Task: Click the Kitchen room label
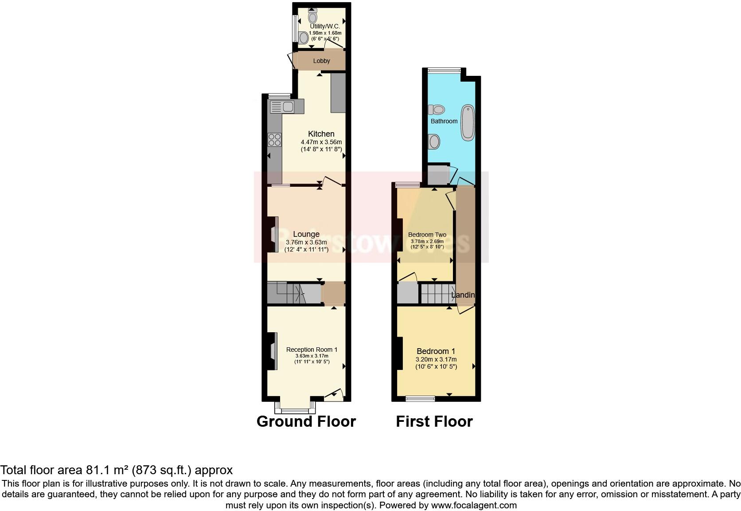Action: click(321, 134)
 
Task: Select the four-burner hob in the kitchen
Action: click(274, 140)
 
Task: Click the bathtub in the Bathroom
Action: click(467, 123)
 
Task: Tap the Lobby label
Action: click(321, 61)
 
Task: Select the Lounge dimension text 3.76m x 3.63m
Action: click(306, 242)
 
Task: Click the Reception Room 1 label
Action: click(312, 350)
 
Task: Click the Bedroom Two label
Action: click(427, 235)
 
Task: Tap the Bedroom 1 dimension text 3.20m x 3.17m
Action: click(436, 359)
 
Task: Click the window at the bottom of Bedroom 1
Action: click(420, 399)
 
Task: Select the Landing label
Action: click(463, 295)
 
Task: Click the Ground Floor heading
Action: click(306, 421)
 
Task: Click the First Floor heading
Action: click(434, 421)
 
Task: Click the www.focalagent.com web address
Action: click(473, 505)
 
